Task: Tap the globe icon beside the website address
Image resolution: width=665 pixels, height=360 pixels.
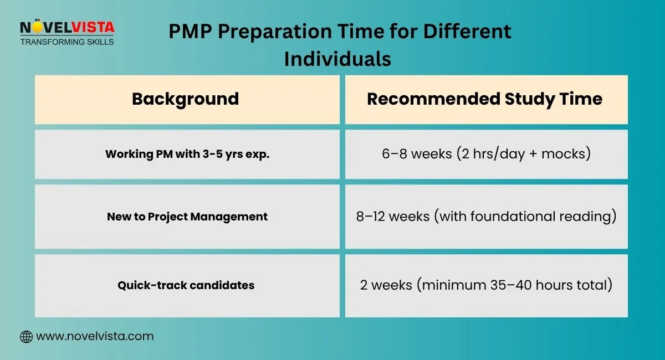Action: coord(26,336)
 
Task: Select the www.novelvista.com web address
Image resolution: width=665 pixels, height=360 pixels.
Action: coord(94,336)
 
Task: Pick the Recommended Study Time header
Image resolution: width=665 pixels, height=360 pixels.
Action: coord(484,99)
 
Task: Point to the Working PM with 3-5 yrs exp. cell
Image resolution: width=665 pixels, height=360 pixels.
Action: coord(187,154)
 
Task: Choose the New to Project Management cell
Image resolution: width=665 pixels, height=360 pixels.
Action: coord(187,217)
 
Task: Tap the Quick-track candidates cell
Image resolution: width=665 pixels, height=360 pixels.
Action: coord(186,286)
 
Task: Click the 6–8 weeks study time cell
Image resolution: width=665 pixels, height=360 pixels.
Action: coord(486,154)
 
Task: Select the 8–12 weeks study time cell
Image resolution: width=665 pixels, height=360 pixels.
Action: coord(486,217)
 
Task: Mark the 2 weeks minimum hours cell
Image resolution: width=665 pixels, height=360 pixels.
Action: coord(486,286)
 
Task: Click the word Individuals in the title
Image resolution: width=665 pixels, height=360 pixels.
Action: coord(337,59)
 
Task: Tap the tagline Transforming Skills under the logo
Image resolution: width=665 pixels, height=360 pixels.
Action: coord(67,42)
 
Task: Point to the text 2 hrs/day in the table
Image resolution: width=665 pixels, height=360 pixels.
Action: coord(492,154)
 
